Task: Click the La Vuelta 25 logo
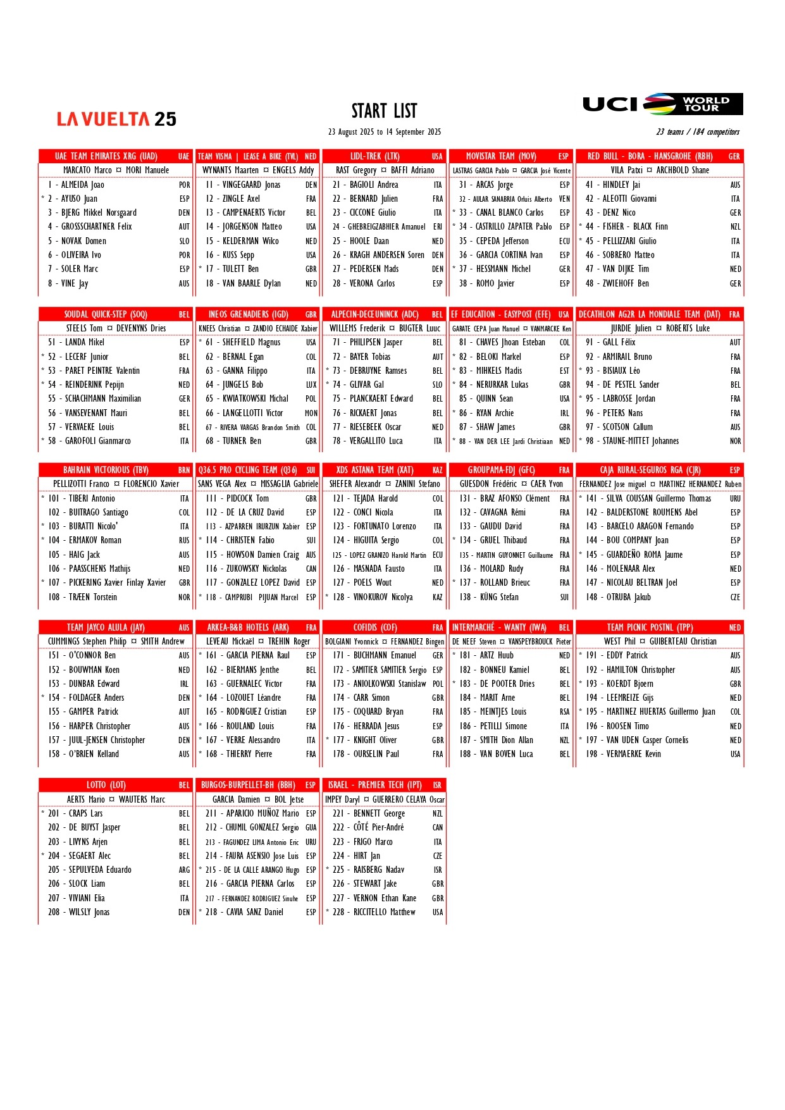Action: coord(116,119)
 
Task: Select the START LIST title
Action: coord(384,111)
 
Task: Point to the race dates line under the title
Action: coord(384,132)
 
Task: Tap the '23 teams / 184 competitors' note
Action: coord(697,132)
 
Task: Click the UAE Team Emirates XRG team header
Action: coord(106,156)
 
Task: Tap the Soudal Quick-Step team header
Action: coord(106,314)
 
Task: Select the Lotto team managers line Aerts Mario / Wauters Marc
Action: coord(116,799)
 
